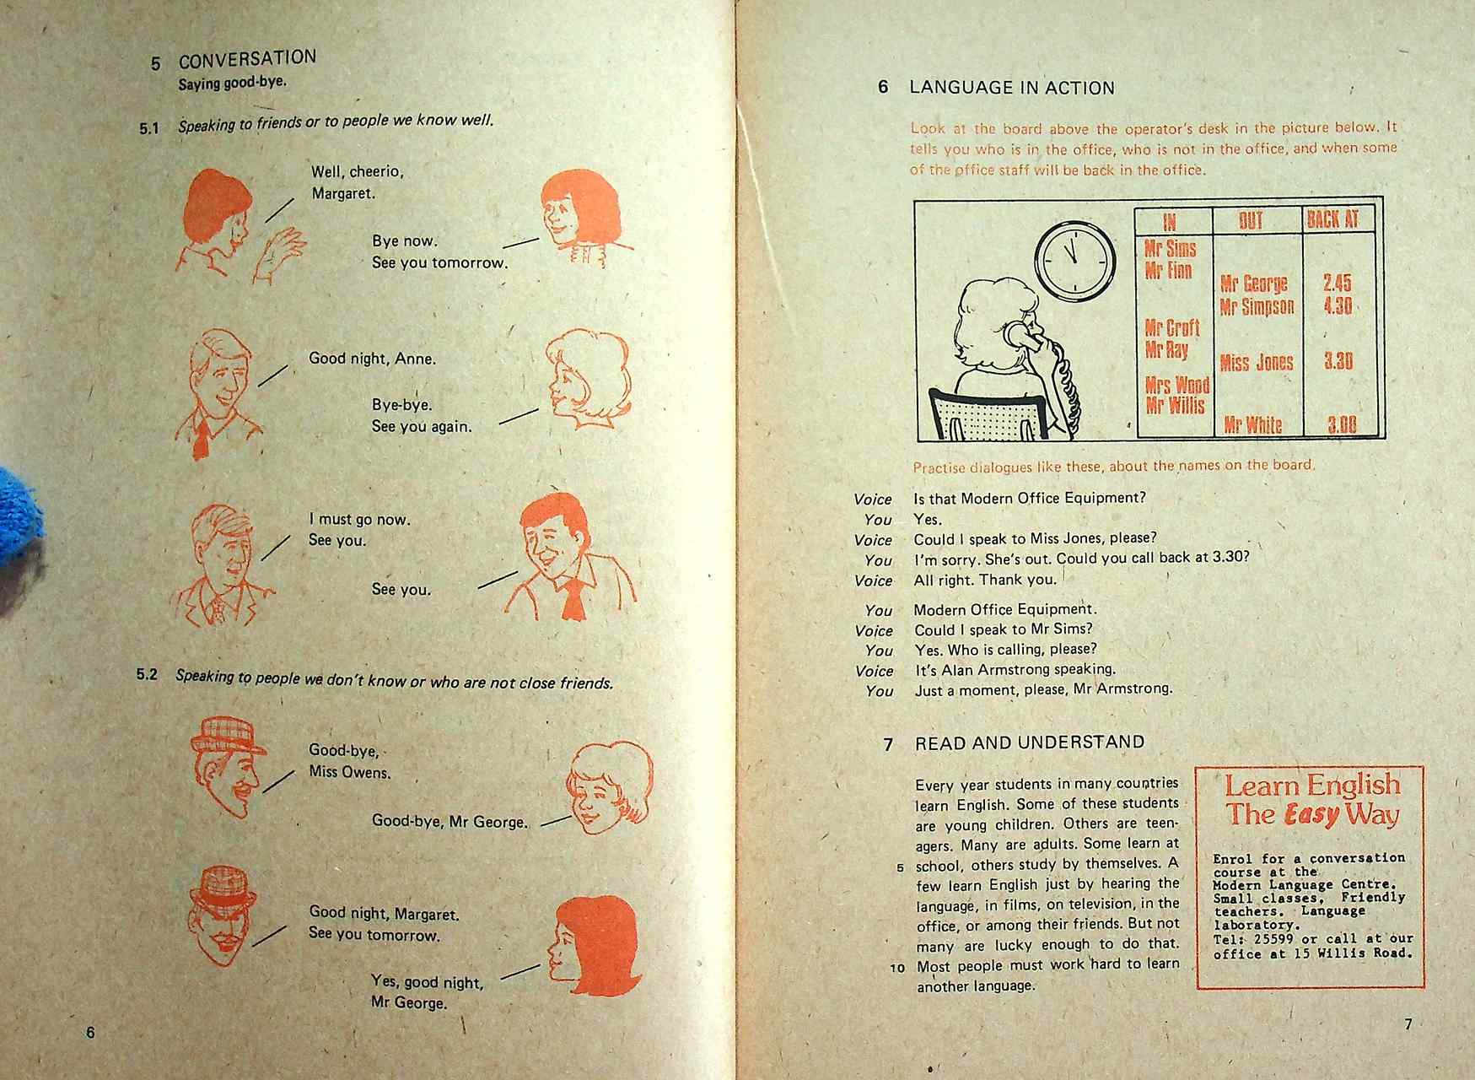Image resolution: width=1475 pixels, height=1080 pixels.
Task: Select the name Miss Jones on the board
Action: [x=1256, y=363]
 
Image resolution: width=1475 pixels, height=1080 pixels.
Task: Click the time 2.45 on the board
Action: [x=1337, y=283]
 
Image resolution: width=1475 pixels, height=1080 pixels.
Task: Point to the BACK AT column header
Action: [x=1332, y=219]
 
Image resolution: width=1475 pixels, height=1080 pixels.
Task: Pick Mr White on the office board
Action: [x=1252, y=424]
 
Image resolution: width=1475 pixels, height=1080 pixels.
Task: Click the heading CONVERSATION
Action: [x=247, y=59]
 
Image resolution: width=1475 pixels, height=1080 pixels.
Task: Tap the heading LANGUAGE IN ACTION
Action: [x=1011, y=88]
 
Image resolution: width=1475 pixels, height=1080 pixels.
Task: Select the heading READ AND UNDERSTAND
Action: [x=1030, y=742]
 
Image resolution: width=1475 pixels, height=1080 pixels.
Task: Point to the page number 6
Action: [x=91, y=1033]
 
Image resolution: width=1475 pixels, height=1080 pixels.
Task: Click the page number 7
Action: [x=1408, y=1024]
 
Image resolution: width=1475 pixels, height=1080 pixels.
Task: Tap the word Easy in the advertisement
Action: [x=1311, y=815]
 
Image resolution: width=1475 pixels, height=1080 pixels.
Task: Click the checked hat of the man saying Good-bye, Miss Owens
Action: [x=227, y=734]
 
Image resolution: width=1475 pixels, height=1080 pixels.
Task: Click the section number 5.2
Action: [x=147, y=675]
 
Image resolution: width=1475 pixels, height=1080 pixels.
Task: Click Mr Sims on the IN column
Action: [x=1170, y=249]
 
